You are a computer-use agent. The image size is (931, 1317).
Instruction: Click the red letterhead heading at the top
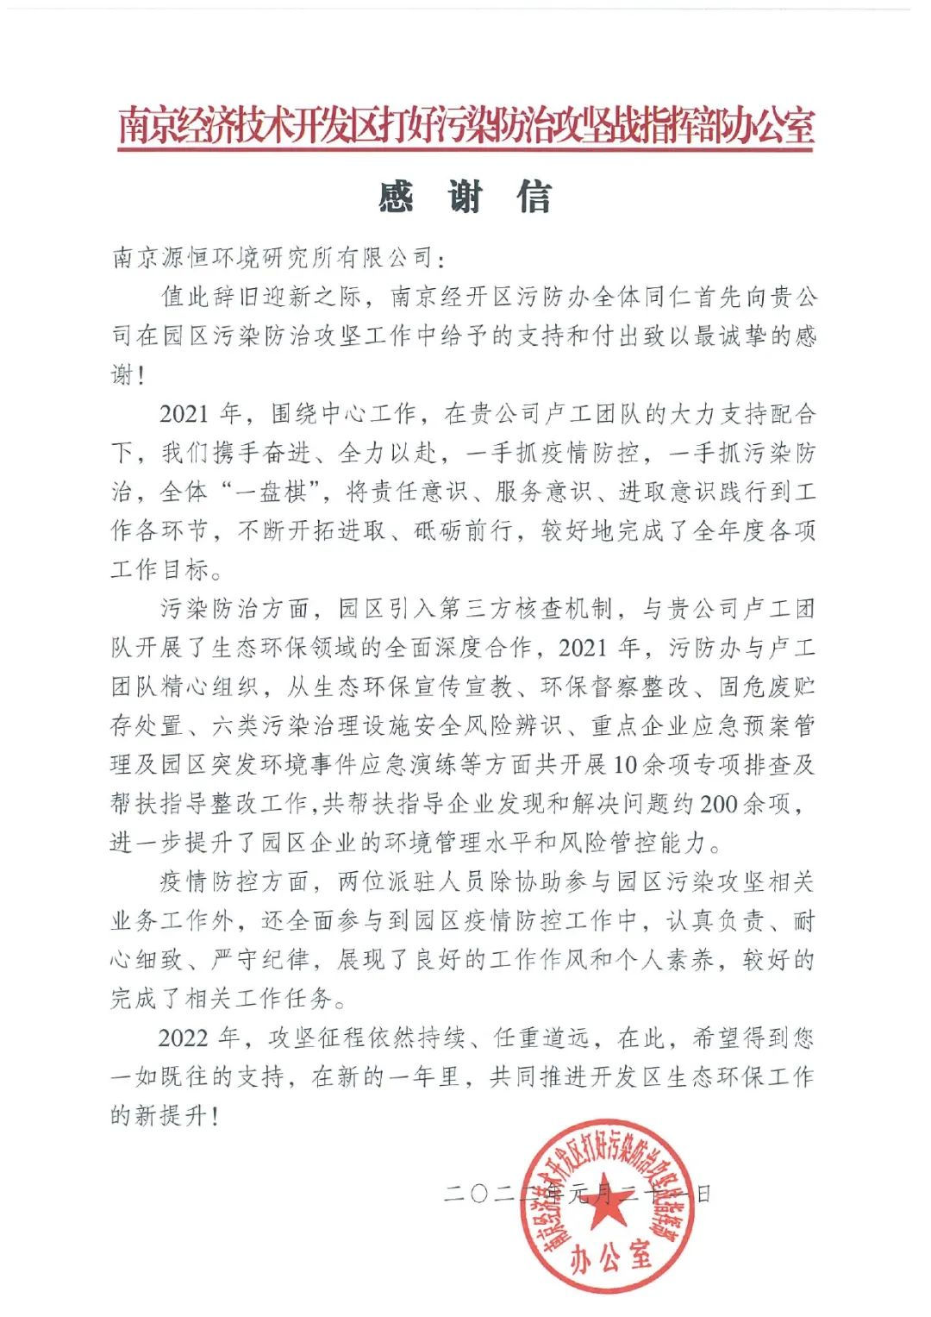tap(465, 127)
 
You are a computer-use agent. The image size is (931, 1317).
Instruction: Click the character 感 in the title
tap(396, 198)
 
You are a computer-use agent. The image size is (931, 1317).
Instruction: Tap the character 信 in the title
tap(534, 198)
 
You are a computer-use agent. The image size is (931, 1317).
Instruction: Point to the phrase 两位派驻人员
tap(412, 881)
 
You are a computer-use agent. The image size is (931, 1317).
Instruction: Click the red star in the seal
tap(603, 1206)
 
